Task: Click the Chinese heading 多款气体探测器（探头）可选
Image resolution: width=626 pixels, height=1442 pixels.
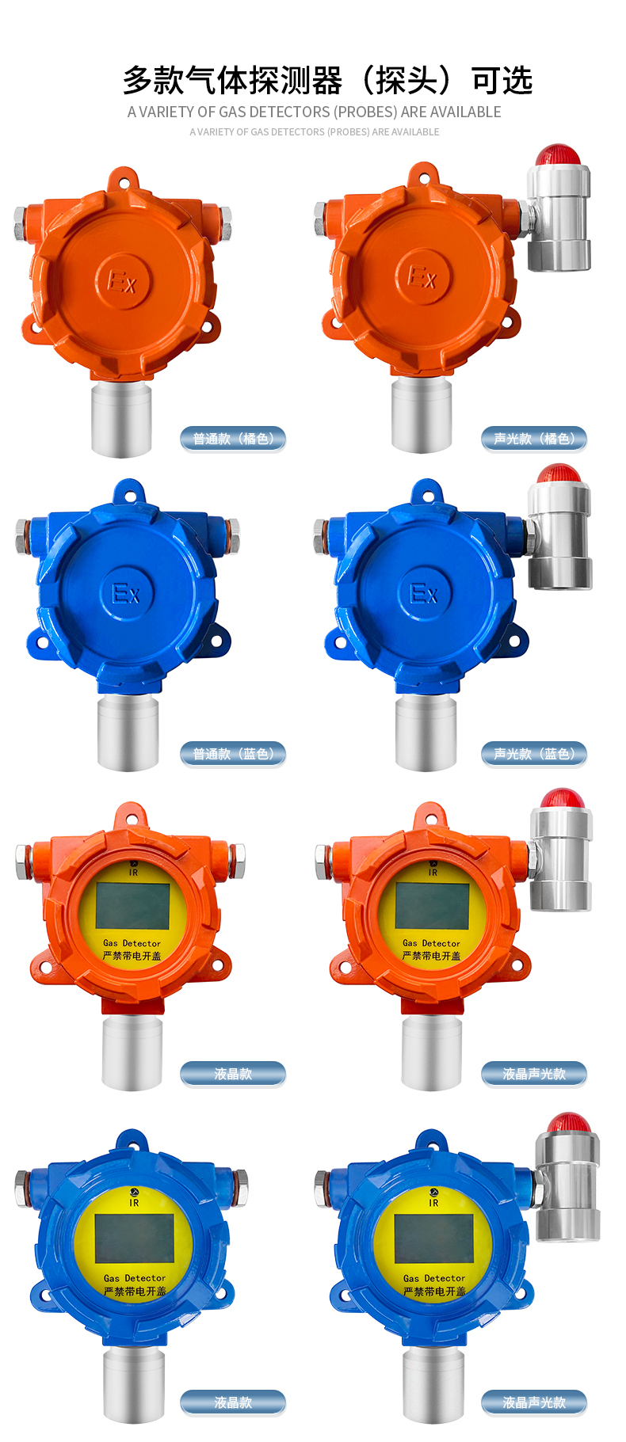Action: tap(327, 80)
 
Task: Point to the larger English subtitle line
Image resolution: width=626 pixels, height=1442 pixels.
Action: tap(315, 112)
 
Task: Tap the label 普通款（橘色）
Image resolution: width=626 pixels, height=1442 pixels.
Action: tap(233, 439)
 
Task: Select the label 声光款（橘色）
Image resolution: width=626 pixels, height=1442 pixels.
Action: tap(534, 439)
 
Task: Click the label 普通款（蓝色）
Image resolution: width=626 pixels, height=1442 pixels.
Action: tap(233, 754)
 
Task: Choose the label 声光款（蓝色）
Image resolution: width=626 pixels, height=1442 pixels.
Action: tap(534, 754)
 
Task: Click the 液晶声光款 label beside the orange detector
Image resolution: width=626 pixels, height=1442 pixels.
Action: tap(534, 1074)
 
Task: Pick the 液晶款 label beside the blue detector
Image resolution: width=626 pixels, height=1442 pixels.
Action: tap(233, 1402)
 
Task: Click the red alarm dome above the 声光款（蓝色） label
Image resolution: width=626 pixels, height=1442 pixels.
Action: tap(559, 474)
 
